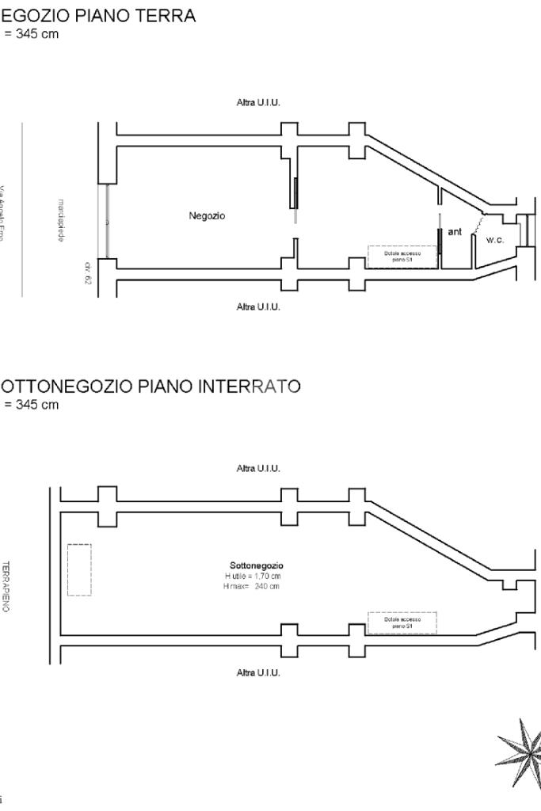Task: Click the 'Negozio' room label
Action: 207,215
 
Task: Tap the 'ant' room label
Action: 455,232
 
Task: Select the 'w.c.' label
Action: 495,240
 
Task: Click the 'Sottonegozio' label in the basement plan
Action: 256,565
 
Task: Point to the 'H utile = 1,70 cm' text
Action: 253,576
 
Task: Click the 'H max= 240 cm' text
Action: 251,586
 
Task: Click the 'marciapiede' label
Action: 61,221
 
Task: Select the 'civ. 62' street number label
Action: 88,272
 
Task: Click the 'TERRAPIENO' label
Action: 6,586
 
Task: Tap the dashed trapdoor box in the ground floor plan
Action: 402,257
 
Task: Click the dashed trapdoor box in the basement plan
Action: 402,623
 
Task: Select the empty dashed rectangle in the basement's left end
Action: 79,569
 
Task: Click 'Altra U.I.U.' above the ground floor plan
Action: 258,103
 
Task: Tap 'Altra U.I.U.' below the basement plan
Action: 258,673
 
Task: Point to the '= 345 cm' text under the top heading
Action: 32,35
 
